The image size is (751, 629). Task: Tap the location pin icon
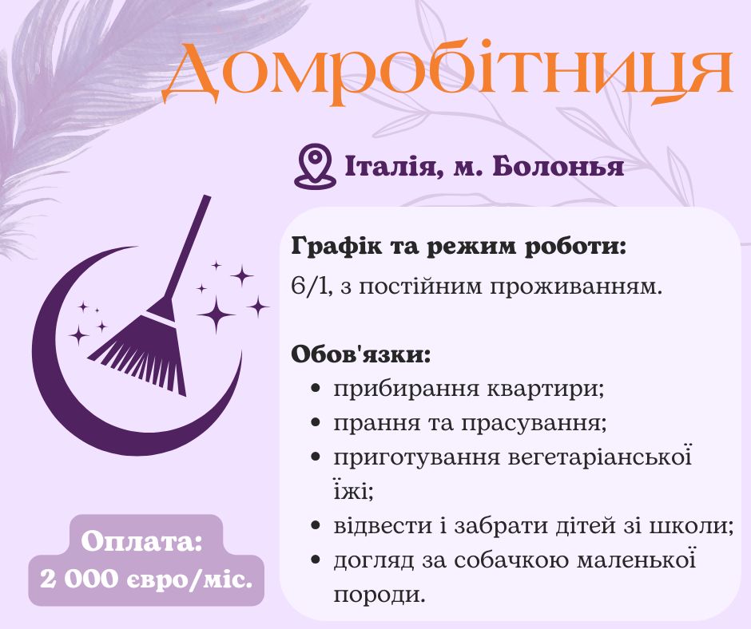[x=313, y=166]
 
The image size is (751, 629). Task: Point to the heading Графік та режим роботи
[x=459, y=246]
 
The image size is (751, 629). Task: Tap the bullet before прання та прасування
[x=316, y=424]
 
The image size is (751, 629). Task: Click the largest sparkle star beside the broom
[x=216, y=314]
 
